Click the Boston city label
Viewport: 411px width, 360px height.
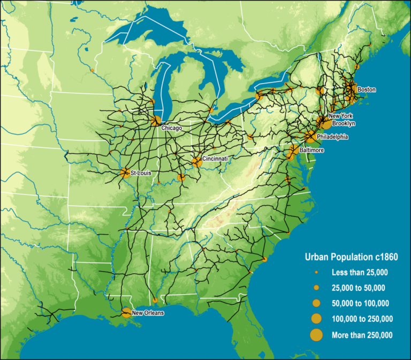pos(367,89)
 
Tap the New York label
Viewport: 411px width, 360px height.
pos(341,116)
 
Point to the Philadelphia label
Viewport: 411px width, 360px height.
pos(332,137)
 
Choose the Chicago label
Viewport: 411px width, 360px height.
pos(172,129)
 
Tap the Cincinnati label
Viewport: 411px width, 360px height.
pos(215,159)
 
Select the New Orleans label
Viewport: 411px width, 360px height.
pos(147,313)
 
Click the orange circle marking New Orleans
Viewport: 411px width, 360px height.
pos(126,312)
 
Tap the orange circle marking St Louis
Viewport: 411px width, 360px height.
pos(125,172)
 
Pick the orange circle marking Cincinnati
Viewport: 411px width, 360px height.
pos(196,162)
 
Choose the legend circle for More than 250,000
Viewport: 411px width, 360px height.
pos(316,335)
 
